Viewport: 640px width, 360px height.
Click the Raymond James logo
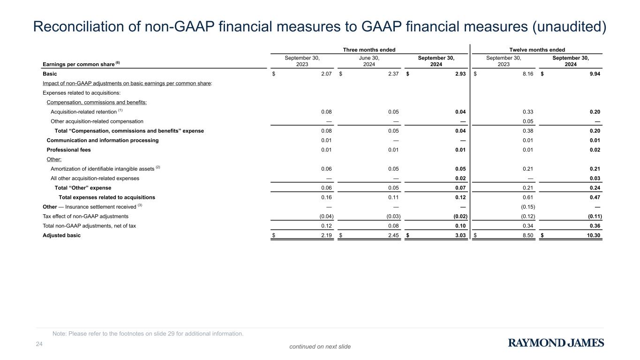click(556, 343)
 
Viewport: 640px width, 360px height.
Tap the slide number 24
click(39, 345)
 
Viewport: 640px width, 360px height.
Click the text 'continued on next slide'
click(320, 346)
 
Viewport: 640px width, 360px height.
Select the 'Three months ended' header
click(369, 50)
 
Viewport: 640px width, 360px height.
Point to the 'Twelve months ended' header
click(536, 50)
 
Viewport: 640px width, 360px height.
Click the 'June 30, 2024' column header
click(369, 61)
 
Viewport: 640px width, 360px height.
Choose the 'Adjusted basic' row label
click(61, 235)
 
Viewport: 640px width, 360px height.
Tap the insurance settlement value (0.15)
click(528, 207)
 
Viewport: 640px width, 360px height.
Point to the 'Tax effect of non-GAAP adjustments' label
click(85, 217)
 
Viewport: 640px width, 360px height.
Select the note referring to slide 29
click(148, 334)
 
